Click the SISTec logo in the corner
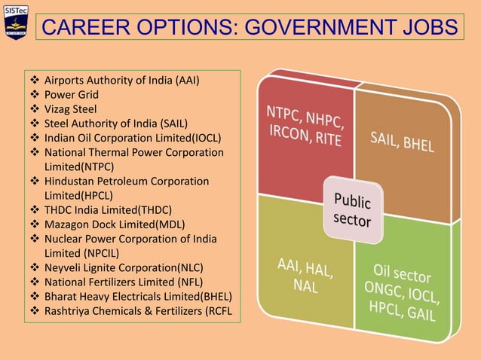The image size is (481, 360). [x=15, y=22]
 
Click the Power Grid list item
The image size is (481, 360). [x=72, y=95]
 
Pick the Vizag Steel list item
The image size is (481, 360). [x=71, y=109]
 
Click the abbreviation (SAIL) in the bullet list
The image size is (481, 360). [x=171, y=124]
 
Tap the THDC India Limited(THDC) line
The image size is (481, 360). [x=108, y=209]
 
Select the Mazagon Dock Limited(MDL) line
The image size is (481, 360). [x=115, y=224]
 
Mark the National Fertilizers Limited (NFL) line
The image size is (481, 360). [x=125, y=281]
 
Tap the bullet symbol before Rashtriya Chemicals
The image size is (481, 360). [x=34, y=310]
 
